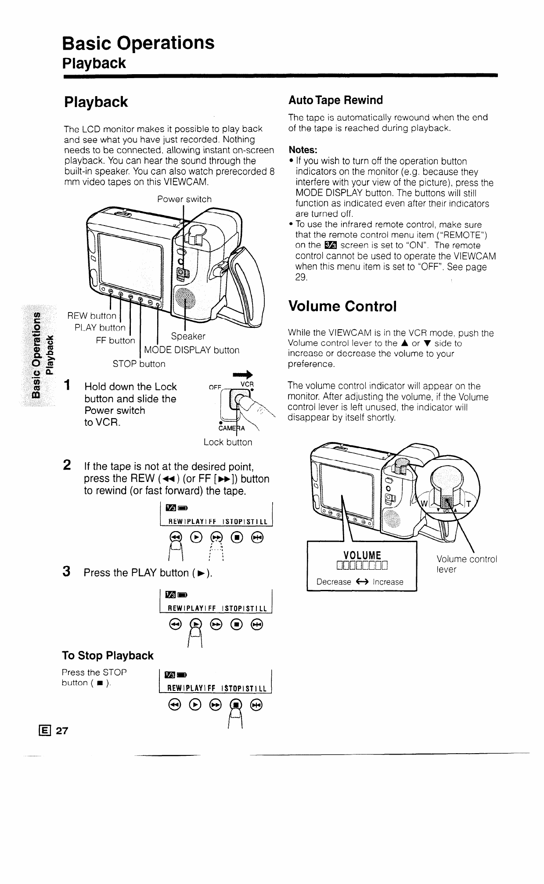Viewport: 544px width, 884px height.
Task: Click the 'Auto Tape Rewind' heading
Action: (335, 101)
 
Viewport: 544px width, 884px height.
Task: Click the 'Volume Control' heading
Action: (342, 306)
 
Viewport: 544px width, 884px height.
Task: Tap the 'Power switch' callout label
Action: (184, 199)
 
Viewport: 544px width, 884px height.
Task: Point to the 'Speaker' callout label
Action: (188, 336)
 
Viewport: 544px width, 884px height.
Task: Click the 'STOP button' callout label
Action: (139, 364)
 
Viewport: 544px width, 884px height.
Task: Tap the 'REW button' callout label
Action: (92, 316)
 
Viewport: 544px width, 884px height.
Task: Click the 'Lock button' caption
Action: (228, 442)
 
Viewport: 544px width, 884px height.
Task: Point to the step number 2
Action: (68, 465)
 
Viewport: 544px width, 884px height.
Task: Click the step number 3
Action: (67, 572)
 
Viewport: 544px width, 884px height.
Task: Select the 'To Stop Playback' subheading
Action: (108, 656)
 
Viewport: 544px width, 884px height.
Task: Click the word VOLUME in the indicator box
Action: (362, 554)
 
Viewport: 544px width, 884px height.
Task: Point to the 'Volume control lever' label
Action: (466, 564)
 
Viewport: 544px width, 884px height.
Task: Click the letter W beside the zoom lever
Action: (424, 504)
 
